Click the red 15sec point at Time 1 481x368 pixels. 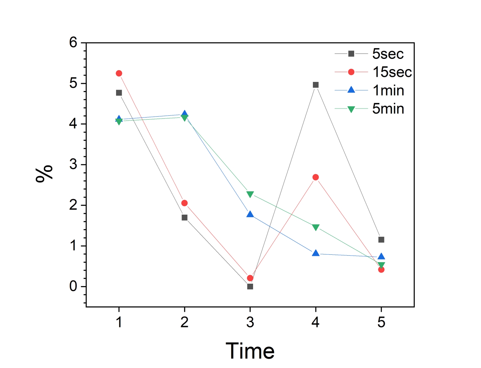pyautogui.click(x=119, y=73)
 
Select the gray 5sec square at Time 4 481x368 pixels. pyautogui.click(x=315, y=85)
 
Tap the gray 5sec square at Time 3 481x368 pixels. pyautogui.click(x=250, y=286)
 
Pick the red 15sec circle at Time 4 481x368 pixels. pyautogui.click(x=315, y=177)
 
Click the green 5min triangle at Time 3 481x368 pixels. pyautogui.click(x=250, y=194)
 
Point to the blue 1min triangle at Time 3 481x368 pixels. pyautogui.click(x=250, y=214)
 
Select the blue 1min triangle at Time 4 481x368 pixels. pyautogui.click(x=315, y=253)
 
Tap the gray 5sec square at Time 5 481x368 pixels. pyautogui.click(x=381, y=240)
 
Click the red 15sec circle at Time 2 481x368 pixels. pyautogui.click(x=184, y=203)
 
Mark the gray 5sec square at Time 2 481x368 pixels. pyautogui.click(x=184, y=218)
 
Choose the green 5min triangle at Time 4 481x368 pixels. pyautogui.click(x=315, y=227)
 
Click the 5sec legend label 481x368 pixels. pyautogui.click(x=388, y=54)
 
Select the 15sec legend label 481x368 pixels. pyautogui.click(x=392, y=72)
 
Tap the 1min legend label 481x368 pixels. pyautogui.click(x=388, y=91)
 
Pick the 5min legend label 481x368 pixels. pyautogui.click(x=388, y=109)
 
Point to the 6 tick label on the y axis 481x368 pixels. pyautogui.click(x=73, y=42)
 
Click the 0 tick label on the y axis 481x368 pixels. pyautogui.click(x=73, y=286)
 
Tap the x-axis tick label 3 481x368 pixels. pyautogui.click(x=250, y=322)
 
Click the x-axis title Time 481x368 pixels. pyautogui.click(x=250, y=351)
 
